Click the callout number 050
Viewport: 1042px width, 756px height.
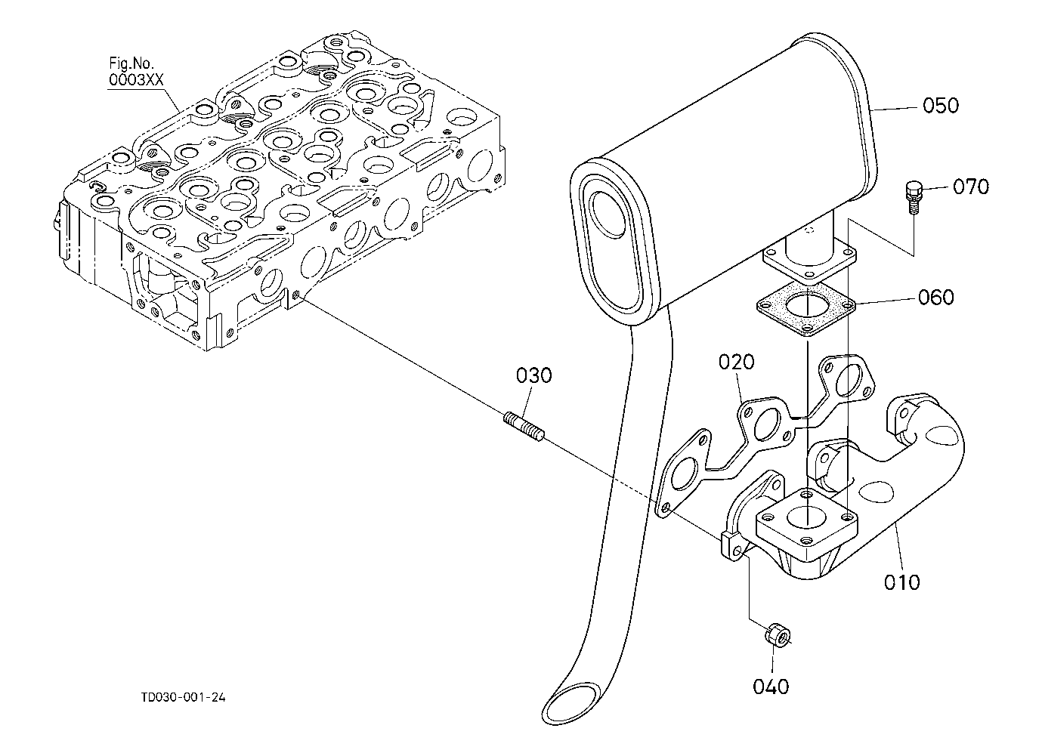(941, 106)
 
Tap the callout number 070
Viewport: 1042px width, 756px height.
(970, 187)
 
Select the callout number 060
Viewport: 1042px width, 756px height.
(936, 297)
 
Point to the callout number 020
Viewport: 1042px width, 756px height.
(737, 362)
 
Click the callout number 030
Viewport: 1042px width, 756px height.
(534, 375)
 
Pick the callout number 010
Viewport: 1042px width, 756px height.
(902, 582)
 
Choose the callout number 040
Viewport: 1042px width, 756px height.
(771, 687)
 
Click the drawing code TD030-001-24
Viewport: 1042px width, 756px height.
(184, 697)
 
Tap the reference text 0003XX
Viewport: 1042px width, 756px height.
(136, 80)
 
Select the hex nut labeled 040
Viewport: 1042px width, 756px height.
(778, 636)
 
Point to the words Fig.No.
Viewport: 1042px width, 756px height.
(131, 63)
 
